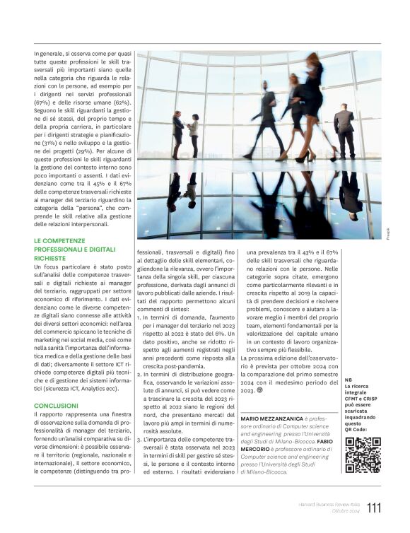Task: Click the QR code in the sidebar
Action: (x=363, y=455)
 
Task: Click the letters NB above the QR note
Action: (x=348, y=380)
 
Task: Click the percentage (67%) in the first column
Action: (x=43, y=102)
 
